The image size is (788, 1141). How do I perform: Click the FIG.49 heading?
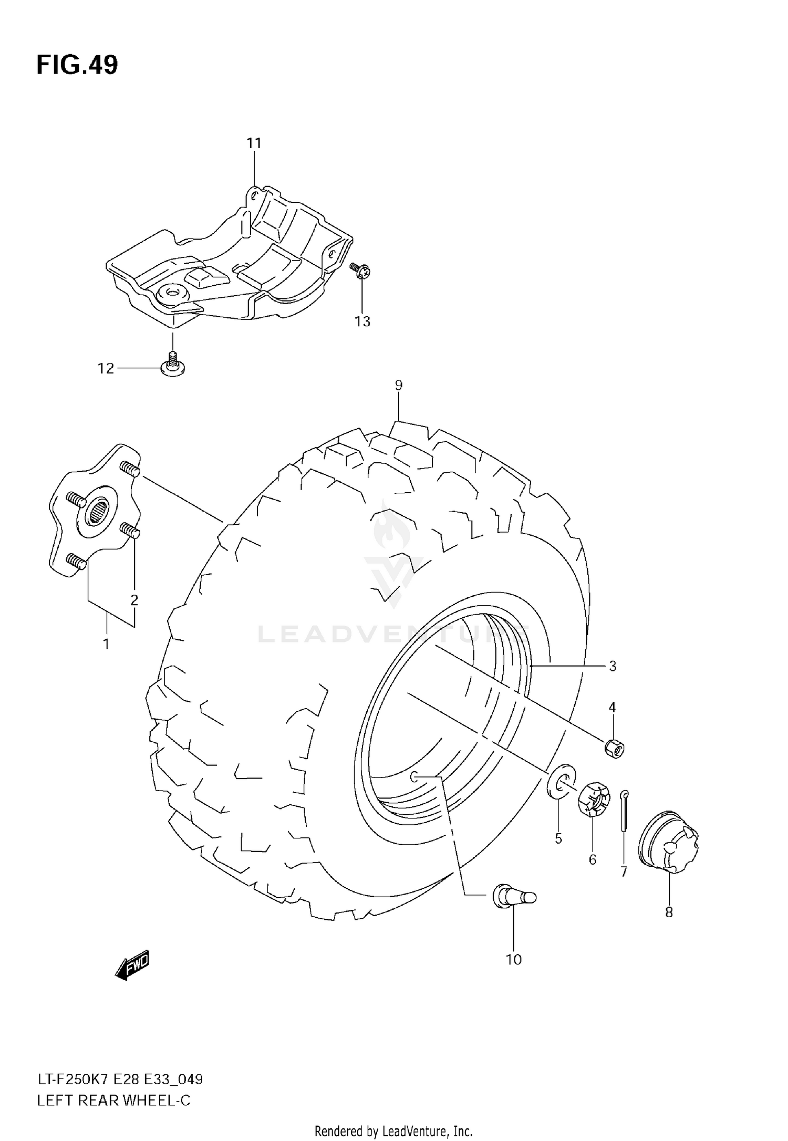click(x=77, y=65)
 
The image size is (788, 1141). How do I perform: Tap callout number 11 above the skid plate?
click(x=254, y=143)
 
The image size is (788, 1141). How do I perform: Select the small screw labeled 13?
click(x=360, y=270)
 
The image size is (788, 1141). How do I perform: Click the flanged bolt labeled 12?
click(x=172, y=365)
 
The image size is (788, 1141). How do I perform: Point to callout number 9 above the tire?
click(x=398, y=385)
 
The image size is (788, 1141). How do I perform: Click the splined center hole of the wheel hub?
click(x=99, y=509)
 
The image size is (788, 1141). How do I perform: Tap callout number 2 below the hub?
click(x=134, y=599)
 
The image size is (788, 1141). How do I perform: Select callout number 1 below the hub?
click(x=106, y=643)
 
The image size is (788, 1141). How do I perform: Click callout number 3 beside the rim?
click(x=612, y=666)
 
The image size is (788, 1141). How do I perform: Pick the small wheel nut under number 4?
click(x=614, y=748)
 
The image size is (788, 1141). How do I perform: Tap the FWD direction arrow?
click(x=132, y=964)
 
